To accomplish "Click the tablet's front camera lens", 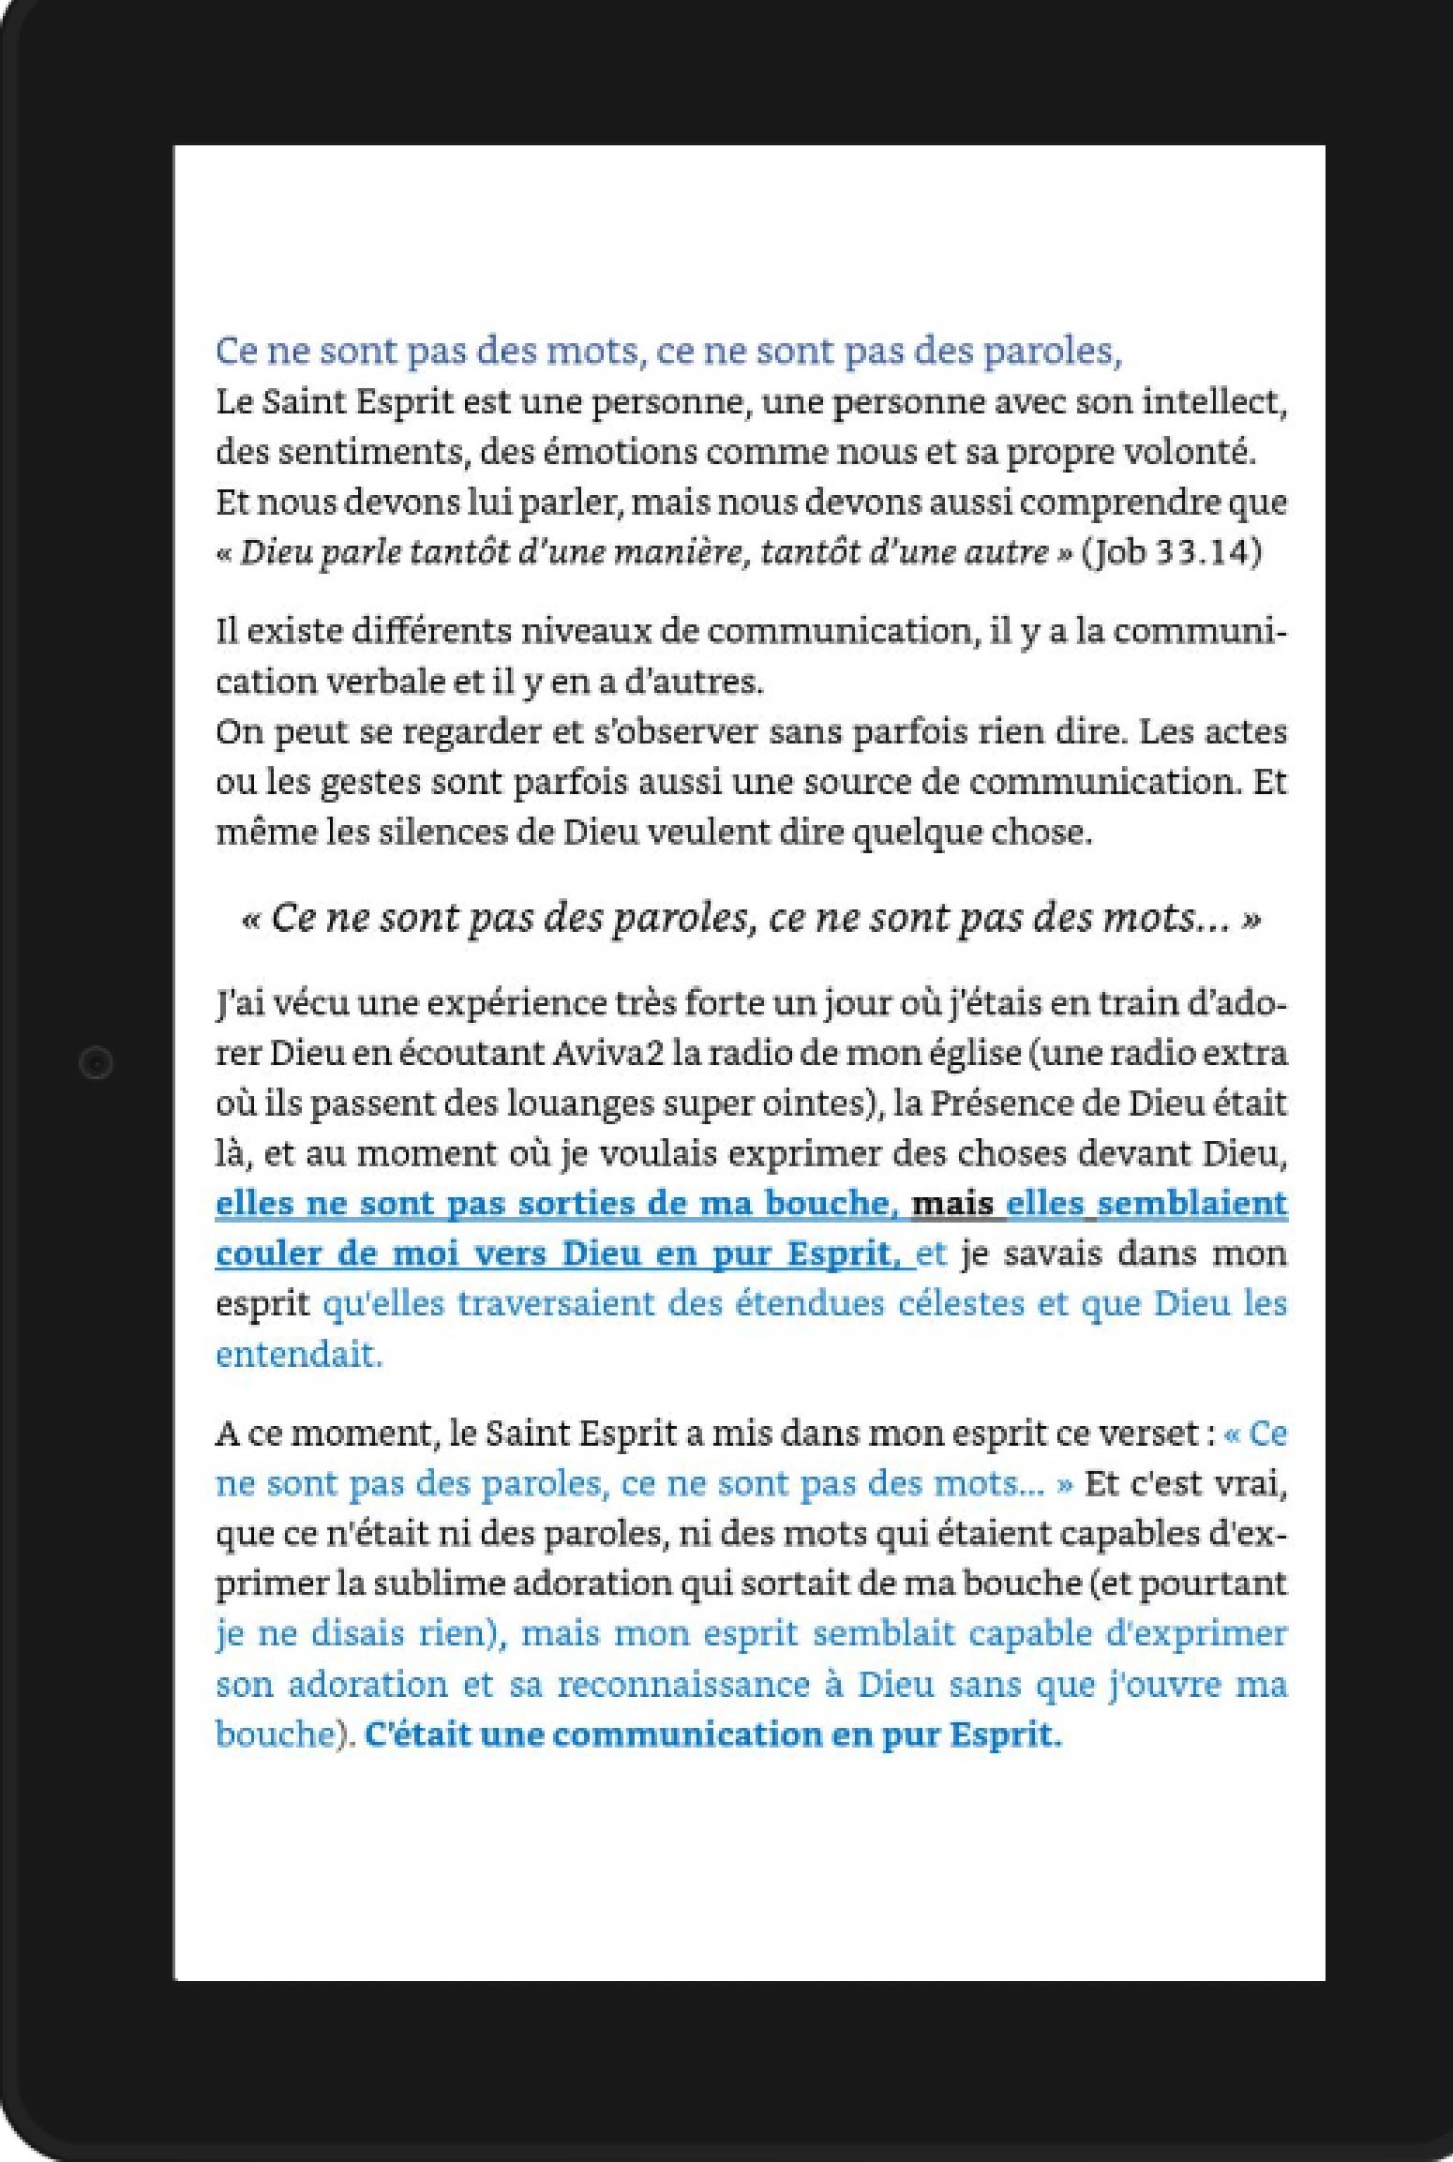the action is click(96, 1063).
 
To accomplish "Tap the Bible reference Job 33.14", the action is click(1172, 552).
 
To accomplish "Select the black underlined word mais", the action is click(952, 1204).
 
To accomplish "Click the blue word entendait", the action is click(299, 1355).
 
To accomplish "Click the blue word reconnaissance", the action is click(683, 1685).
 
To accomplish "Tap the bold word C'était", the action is click(417, 1735).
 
